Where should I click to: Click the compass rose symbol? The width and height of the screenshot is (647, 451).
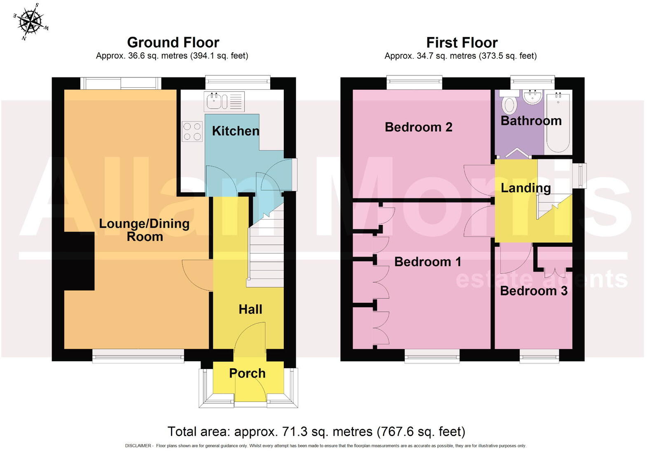(x=31, y=22)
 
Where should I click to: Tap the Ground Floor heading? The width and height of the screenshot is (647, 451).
(x=173, y=42)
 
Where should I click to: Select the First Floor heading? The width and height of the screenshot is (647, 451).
(x=462, y=43)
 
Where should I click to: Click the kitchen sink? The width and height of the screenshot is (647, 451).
(x=224, y=101)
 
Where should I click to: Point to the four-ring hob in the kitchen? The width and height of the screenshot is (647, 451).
(x=192, y=131)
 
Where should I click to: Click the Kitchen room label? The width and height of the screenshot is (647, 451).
(x=236, y=131)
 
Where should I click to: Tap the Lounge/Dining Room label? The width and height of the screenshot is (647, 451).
(x=145, y=230)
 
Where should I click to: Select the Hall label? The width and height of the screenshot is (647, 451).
(x=250, y=309)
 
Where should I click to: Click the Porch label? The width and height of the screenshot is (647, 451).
(x=247, y=373)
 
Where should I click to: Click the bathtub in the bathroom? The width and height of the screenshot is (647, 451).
(x=558, y=122)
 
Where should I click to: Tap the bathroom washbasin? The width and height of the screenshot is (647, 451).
(x=533, y=97)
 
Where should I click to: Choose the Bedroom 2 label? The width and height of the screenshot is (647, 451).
(x=418, y=127)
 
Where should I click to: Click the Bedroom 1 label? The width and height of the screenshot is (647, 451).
(x=427, y=262)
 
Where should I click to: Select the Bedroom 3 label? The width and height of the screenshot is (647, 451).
(x=534, y=291)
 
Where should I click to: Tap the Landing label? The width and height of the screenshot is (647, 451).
(x=526, y=188)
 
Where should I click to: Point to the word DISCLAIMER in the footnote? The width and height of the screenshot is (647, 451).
(x=138, y=446)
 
